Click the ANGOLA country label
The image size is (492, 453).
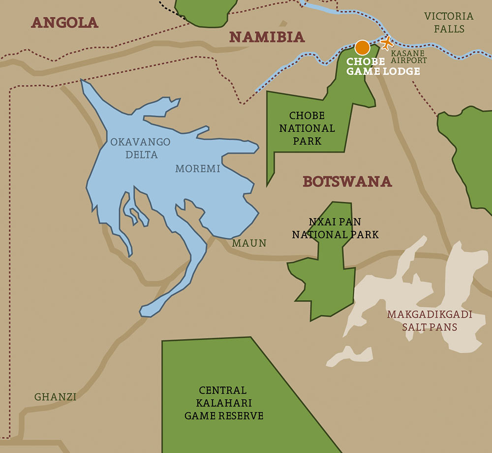64,22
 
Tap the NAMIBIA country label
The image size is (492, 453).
267,37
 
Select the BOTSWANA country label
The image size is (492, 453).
347,181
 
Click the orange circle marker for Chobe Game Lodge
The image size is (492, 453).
362,47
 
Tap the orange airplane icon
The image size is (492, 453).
387,43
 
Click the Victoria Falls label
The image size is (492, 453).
449,23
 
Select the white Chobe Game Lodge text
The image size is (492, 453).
383,66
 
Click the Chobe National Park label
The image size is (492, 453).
307,128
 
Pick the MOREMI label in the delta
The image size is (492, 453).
197,169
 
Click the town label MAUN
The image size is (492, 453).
249,243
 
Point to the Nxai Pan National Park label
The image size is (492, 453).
336,228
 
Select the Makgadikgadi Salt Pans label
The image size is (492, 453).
430,321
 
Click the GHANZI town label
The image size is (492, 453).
55,396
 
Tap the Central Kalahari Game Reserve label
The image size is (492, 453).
223,403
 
